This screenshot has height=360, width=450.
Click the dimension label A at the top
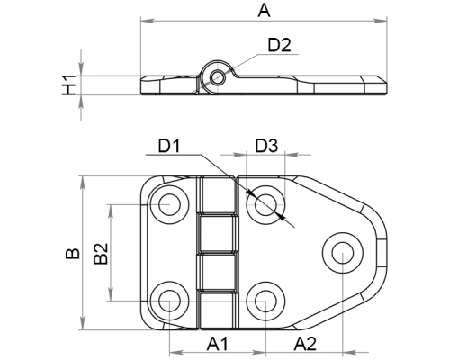point(265,11)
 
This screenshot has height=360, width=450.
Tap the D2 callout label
point(279,46)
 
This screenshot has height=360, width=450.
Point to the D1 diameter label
point(169,146)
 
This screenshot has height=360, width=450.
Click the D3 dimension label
point(266,146)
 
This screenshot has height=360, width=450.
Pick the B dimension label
point(73,254)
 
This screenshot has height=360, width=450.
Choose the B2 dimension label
point(101,254)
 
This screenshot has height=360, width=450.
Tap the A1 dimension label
point(218,344)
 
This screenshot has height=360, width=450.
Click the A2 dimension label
point(305,344)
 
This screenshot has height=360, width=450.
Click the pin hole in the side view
point(216,77)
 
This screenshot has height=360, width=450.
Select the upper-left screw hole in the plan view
point(169,204)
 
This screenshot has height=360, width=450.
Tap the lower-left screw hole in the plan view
point(169,301)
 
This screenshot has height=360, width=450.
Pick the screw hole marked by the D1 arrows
point(265,204)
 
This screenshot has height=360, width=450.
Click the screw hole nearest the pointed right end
point(343,252)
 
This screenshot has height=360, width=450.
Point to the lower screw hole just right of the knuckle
point(265,301)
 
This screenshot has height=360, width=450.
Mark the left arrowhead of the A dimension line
point(148,21)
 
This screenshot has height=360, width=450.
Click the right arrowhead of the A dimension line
point(381,21)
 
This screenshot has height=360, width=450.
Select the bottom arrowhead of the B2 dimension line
point(111,294)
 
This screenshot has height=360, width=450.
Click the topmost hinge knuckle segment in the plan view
point(217,194)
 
